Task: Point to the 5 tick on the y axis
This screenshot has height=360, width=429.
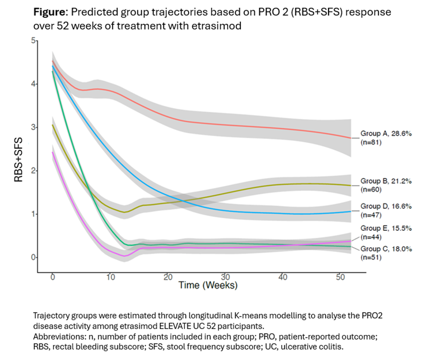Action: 33,41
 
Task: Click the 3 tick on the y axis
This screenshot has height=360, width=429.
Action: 33,127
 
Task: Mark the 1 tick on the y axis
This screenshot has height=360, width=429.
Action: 33,214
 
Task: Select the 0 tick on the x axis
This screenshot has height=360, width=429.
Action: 52,277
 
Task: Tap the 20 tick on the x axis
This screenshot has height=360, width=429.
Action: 167,277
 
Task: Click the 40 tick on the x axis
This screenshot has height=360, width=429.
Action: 283,277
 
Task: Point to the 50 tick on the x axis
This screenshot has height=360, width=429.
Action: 340,277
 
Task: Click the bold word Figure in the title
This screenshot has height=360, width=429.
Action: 50,12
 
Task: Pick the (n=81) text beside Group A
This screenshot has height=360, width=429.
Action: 371,142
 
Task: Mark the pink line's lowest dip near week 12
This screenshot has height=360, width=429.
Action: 124,256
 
